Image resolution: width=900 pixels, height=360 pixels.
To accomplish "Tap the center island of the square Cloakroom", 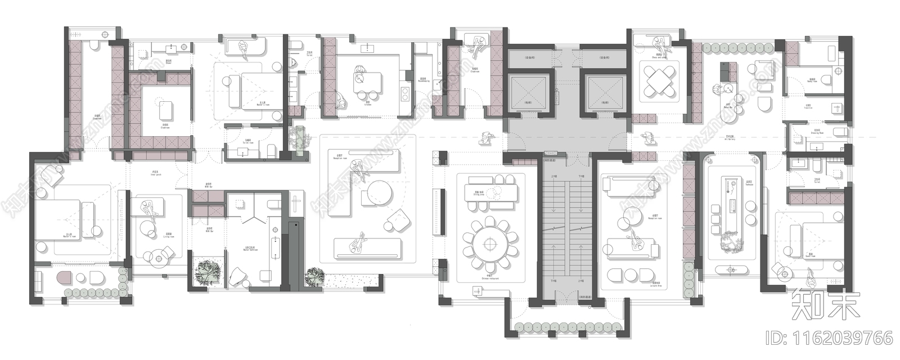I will tap(166, 110).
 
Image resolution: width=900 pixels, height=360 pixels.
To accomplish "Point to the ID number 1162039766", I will tap(830, 338).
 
